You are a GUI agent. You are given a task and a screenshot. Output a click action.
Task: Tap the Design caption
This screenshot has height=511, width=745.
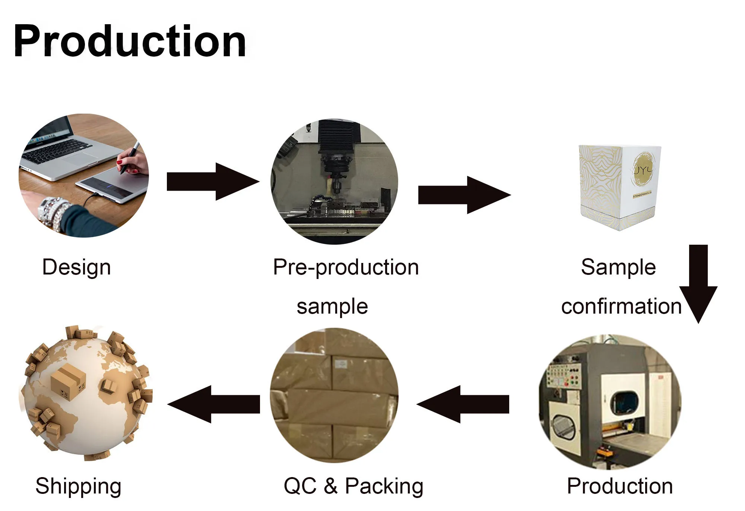click(x=77, y=267)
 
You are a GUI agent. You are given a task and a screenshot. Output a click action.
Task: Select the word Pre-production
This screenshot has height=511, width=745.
click(x=346, y=267)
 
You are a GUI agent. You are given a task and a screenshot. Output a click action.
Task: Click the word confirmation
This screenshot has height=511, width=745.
click(x=621, y=307)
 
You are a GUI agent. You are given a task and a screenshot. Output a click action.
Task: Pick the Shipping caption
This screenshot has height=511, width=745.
click(x=78, y=486)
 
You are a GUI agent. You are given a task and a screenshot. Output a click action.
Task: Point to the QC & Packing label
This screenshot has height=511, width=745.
click(x=353, y=486)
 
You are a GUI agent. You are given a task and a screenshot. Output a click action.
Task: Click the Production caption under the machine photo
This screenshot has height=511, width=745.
click(x=620, y=486)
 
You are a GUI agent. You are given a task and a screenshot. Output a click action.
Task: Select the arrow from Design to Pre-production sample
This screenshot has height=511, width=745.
click(x=212, y=182)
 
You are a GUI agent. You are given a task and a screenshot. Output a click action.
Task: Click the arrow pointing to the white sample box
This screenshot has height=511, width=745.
click(x=464, y=195)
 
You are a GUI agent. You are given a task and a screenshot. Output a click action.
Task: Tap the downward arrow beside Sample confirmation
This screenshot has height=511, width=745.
click(x=698, y=283)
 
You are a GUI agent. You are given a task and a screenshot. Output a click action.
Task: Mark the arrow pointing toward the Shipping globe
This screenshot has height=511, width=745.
click(x=214, y=404)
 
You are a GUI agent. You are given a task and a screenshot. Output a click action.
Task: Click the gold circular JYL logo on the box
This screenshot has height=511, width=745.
click(x=644, y=169)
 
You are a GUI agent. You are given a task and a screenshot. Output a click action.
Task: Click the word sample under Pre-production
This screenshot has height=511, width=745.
click(x=332, y=307)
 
